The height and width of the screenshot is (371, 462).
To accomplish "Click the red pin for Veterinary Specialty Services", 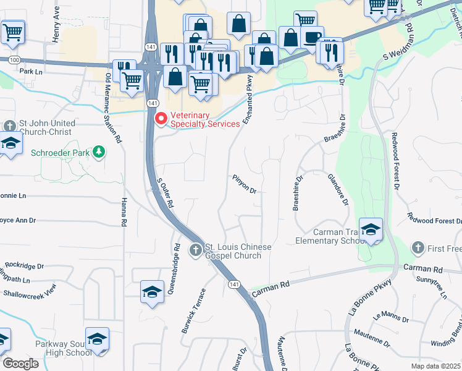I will click(161, 117).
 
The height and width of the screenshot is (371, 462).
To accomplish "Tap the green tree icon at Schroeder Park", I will click(98, 152).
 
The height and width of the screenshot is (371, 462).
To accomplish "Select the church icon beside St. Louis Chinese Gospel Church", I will click(196, 250).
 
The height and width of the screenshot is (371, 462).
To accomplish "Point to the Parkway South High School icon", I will click(98, 339).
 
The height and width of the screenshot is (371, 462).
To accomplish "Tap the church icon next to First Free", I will click(418, 248).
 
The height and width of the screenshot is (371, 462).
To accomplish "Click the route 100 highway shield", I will click(15, 59).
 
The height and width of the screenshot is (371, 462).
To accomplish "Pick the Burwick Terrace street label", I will click(193, 310).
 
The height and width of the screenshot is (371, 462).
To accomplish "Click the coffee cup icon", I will click(313, 37).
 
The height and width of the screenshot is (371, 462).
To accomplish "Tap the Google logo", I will click(20, 364).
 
